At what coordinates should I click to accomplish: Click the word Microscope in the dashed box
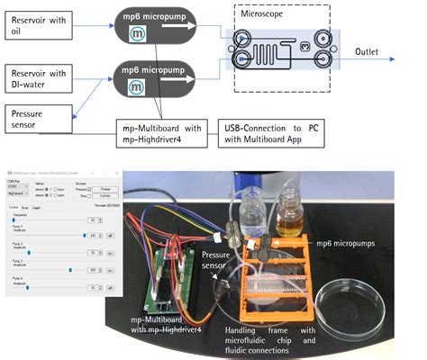coord(267,14)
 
